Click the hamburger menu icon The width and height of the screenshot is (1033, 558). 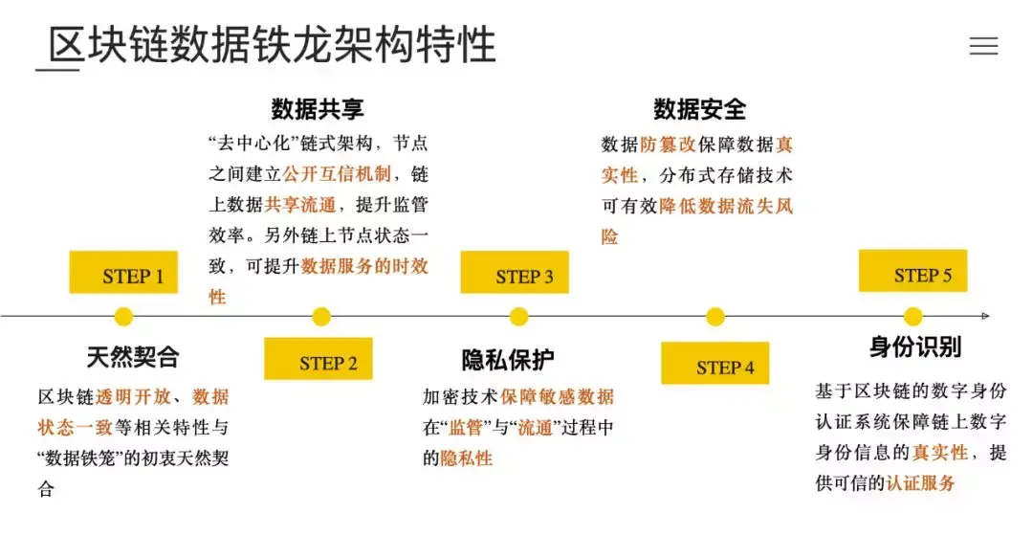click(x=983, y=46)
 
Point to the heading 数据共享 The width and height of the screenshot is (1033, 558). click(x=318, y=109)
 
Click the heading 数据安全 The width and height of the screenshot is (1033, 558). click(x=699, y=109)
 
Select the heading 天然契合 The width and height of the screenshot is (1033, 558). click(x=133, y=358)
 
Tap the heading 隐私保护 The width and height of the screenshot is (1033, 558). click(x=507, y=360)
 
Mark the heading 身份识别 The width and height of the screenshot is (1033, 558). click(x=915, y=346)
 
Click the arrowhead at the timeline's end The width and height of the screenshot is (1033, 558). click(x=985, y=316)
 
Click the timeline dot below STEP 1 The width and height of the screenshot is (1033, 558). click(x=123, y=316)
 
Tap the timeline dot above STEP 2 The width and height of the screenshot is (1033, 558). click(x=321, y=316)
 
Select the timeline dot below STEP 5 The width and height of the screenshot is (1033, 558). click(x=912, y=316)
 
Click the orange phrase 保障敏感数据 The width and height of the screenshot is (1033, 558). click(x=557, y=397)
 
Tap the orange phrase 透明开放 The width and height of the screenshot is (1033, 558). click(x=133, y=397)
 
